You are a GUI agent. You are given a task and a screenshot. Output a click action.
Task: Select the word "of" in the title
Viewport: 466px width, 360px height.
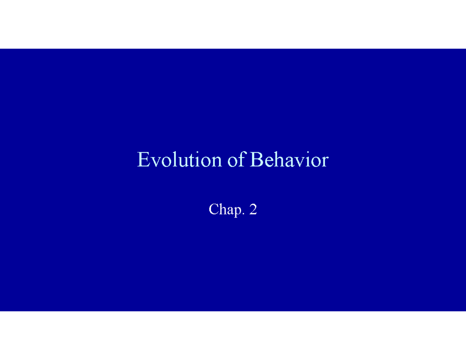point(236,160)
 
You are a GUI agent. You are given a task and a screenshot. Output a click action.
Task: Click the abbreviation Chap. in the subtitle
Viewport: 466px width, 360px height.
point(225,210)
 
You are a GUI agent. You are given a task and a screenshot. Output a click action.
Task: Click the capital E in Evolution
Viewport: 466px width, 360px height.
point(143,160)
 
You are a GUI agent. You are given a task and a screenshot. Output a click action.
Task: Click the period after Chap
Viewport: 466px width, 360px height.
point(243,214)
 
